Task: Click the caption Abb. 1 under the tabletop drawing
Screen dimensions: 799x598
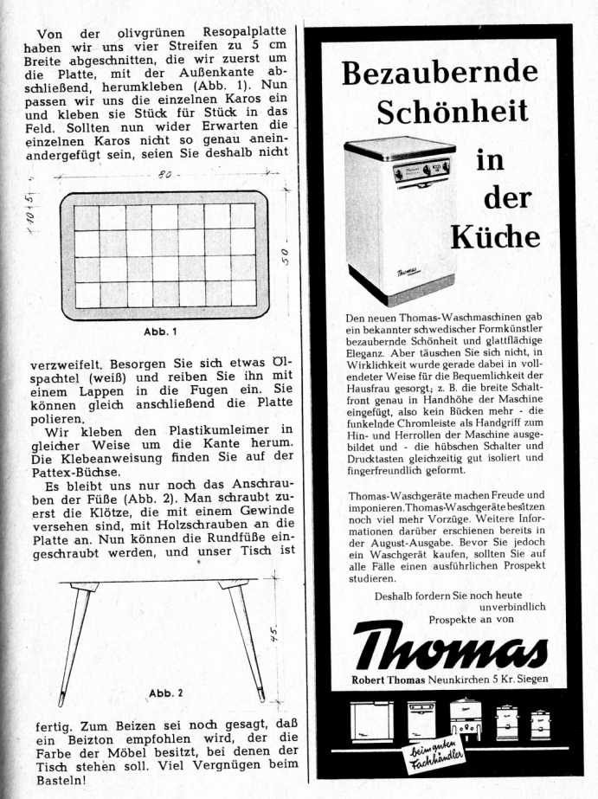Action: pyautogui.click(x=159, y=332)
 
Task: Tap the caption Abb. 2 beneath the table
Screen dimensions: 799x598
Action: pyautogui.click(x=166, y=693)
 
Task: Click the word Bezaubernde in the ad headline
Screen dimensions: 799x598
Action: pyautogui.click(x=440, y=74)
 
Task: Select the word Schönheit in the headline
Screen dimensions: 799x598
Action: pyautogui.click(x=452, y=112)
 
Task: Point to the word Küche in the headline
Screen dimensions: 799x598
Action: pyautogui.click(x=495, y=235)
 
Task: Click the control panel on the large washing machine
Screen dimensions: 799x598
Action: pyautogui.click(x=421, y=168)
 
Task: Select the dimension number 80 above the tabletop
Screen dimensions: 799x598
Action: pyautogui.click(x=164, y=175)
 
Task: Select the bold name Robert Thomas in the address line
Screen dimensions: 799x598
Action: pyautogui.click(x=388, y=679)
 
